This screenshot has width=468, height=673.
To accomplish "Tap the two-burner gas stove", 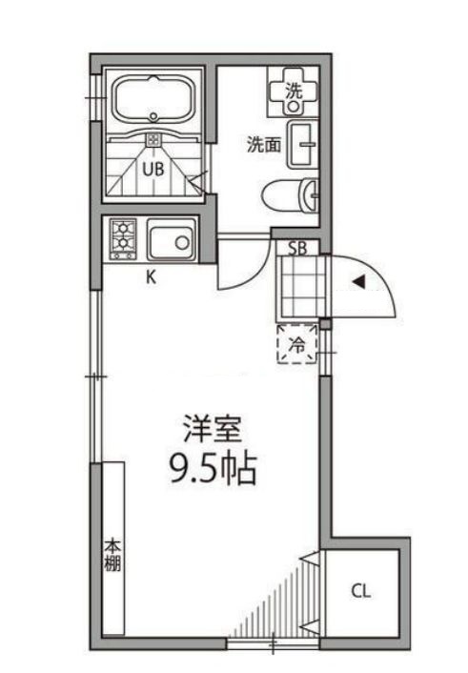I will click(x=125, y=239).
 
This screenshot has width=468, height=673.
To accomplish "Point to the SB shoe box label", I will click(x=297, y=249).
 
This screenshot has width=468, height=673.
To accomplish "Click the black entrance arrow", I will click(x=358, y=282).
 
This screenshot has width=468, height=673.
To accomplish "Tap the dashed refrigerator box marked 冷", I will click(x=297, y=344).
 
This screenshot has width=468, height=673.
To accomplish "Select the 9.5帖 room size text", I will click(x=211, y=469).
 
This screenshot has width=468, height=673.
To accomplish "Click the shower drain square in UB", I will click(x=153, y=140).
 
